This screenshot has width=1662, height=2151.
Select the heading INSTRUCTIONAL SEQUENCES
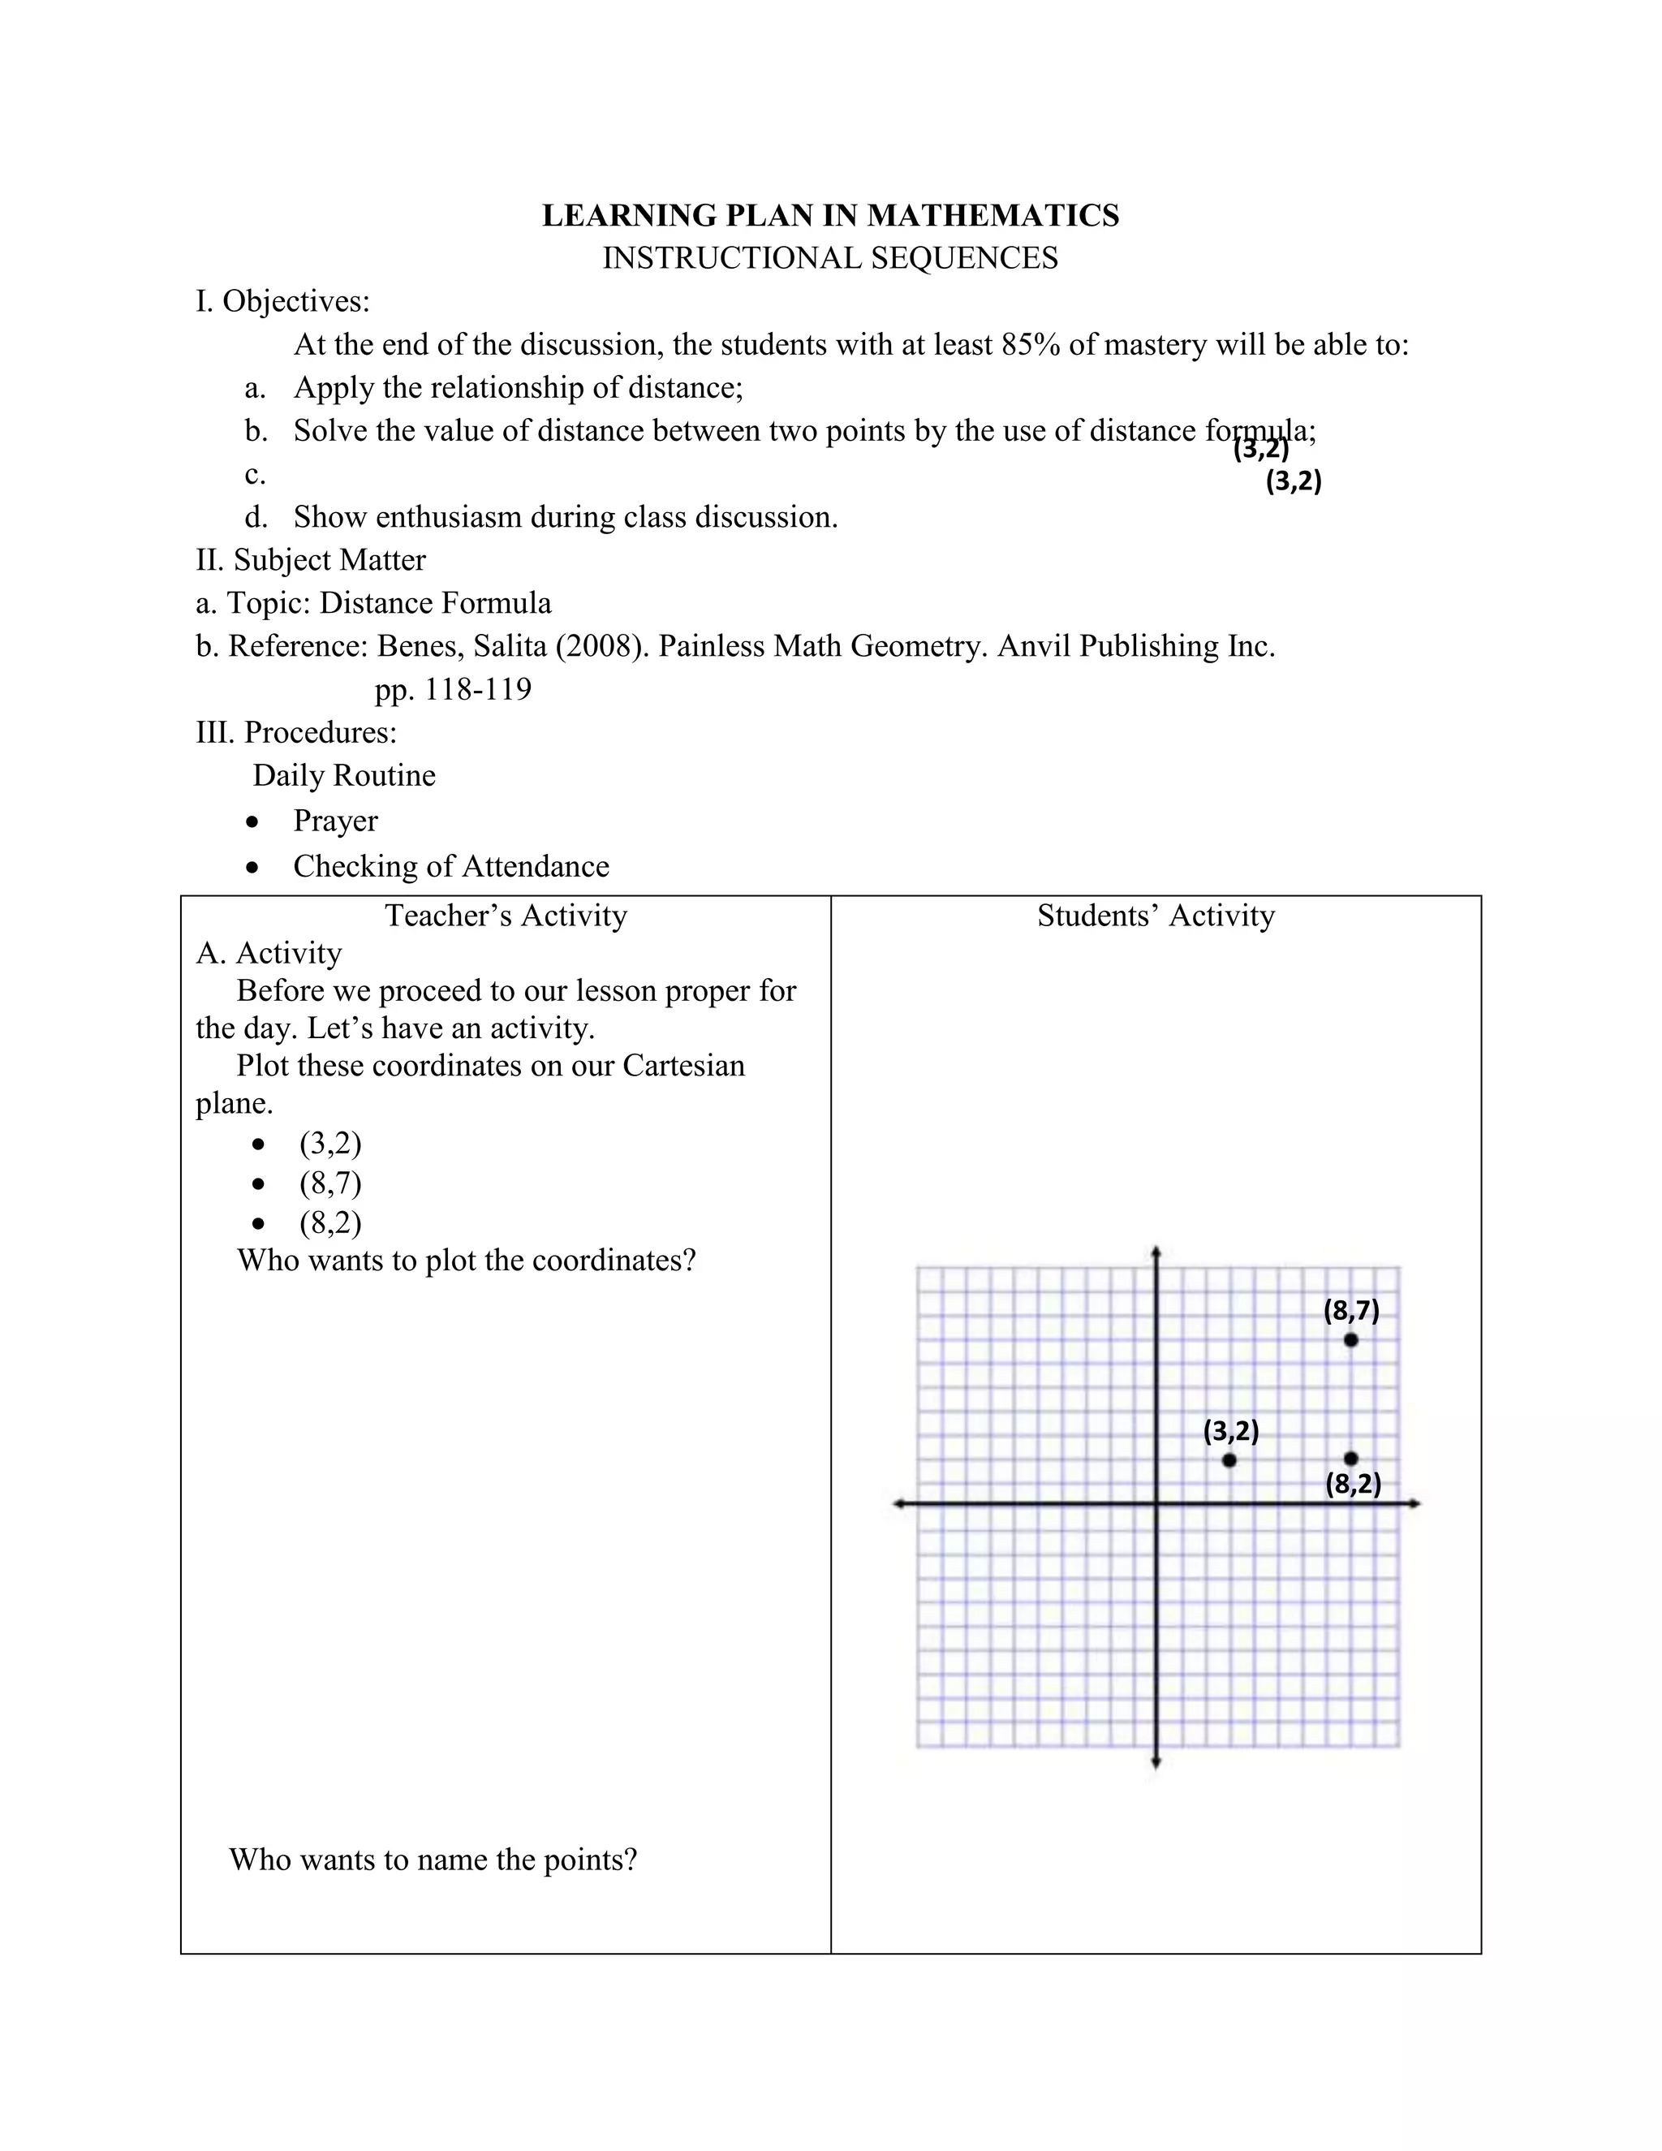pos(830,258)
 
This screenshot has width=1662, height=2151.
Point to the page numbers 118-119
pos(477,689)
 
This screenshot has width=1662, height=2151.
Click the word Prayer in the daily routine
pos(335,821)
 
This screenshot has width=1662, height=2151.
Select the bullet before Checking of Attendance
pos(255,867)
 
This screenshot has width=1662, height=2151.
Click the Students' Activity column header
pos(1155,916)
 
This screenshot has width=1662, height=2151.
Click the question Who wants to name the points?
pos(433,1860)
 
